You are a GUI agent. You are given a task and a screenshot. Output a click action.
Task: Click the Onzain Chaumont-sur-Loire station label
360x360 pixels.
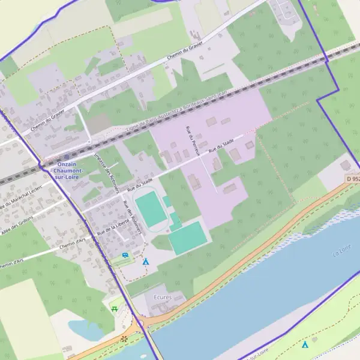point(70,171)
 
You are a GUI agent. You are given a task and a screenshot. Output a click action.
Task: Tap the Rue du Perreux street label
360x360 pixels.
point(188,142)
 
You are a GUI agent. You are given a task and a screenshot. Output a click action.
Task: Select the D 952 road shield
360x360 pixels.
point(353,179)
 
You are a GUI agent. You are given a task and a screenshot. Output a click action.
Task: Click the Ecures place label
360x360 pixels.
point(163,297)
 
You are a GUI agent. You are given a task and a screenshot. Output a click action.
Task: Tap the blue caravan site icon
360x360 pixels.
point(125,255)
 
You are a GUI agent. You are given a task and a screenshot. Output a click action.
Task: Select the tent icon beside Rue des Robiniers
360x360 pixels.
point(145,262)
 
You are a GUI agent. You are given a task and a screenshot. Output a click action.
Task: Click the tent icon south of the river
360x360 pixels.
point(305,344)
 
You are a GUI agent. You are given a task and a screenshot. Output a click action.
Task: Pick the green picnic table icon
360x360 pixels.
point(114,308)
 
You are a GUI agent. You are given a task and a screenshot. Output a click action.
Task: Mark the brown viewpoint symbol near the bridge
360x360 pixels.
point(125,339)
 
